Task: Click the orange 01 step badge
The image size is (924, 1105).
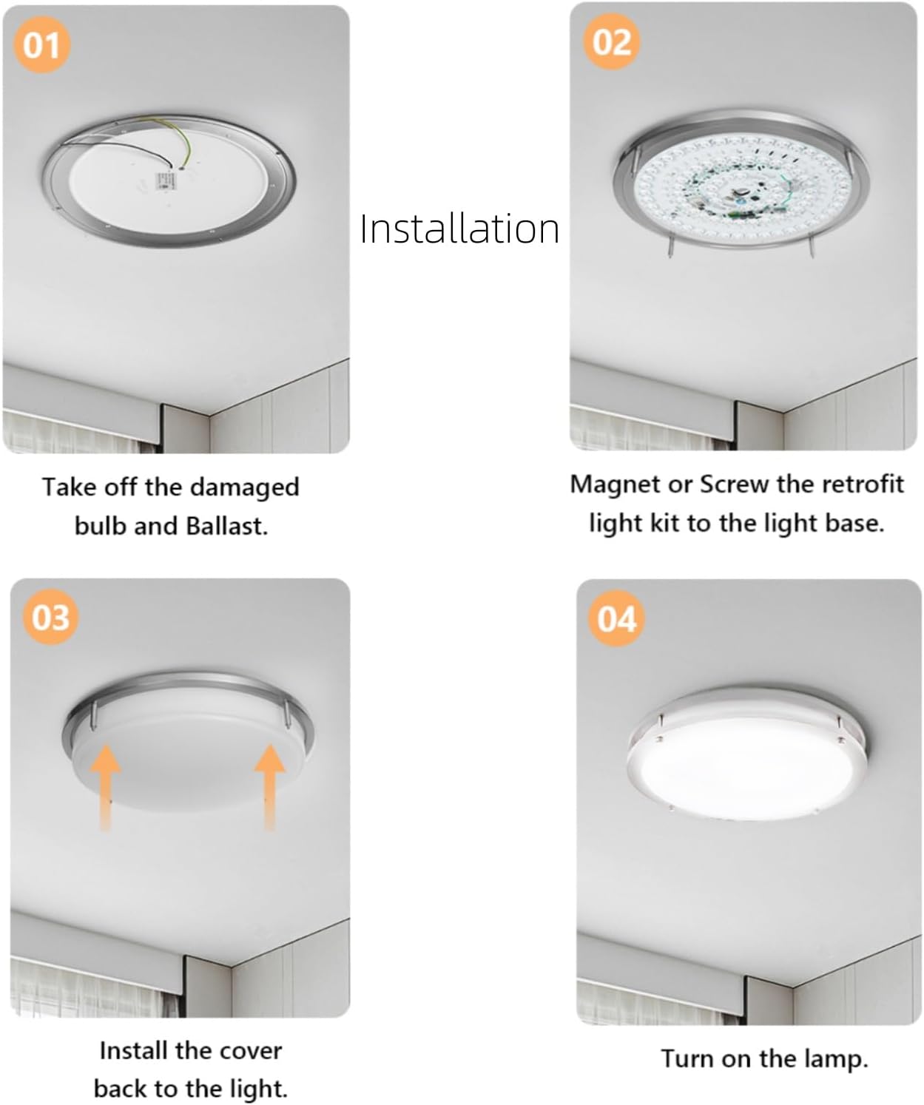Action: pyautogui.click(x=41, y=45)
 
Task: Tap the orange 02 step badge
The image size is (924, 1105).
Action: pyautogui.click(x=612, y=42)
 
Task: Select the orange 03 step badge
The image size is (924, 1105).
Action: pyautogui.click(x=50, y=617)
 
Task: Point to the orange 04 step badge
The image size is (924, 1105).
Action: pyautogui.click(x=616, y=618)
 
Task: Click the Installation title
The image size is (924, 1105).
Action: pyautogui.click(x=459, y=229)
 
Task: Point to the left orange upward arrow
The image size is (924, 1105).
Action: pyautogui.click(x=106, y=784)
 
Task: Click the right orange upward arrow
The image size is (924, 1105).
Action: pyautogui.click(x=270, y=784)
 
